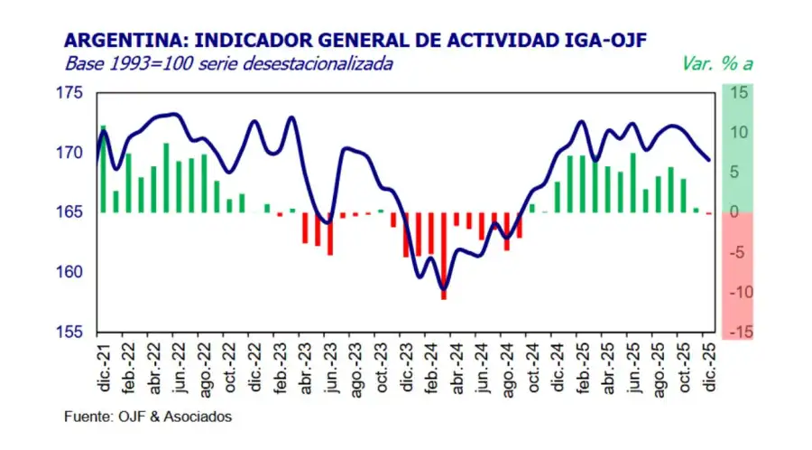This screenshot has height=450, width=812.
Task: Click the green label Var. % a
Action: (715, 65)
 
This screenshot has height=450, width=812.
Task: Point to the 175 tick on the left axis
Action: (70, 93)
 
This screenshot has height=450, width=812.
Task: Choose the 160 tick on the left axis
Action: (70, 272)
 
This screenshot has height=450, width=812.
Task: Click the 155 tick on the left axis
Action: (70, 332)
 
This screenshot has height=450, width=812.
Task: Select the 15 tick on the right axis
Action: (739, 93)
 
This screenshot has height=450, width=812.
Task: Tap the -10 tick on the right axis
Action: (737, 292)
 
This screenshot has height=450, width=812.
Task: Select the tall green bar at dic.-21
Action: (103, 169)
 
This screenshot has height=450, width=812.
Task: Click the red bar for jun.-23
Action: (330, 233)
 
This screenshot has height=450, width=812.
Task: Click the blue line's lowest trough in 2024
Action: (443, 290)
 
